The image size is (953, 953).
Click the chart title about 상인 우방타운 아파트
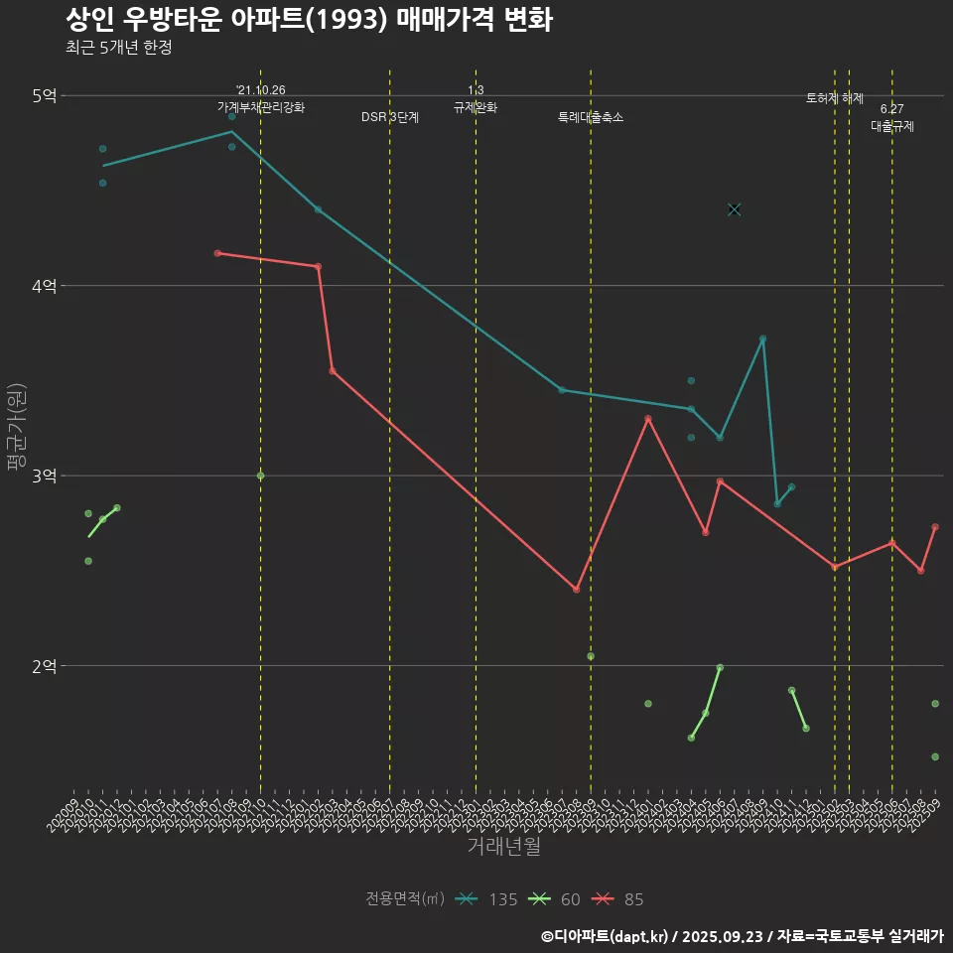pyautogui.click(x=309, y=20)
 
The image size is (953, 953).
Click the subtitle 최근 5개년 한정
pyautogui.click(x=118, y=48)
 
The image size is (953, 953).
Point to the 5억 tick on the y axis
pyautogui.click(x=45, y=95)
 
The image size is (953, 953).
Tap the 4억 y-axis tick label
pyautogui.click(x=45, y=286)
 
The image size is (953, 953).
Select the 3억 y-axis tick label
pyautogui.click(x=45, y=476)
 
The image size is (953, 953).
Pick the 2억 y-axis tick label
pyautogui.click(x=45, y=666)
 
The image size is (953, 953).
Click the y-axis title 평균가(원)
pyautogui.click(x=17, y=428)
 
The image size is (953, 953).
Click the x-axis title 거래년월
pyautogui.click(x=503, y=847)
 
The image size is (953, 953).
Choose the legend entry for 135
pyautogui.click(x=486, y=899)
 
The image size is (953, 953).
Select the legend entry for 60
pyautogui.click(x=556, y=899)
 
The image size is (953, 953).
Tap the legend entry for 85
pyautogui.click(x=619, y=899)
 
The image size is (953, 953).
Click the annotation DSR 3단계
pyautogui.click(x=390, y=117)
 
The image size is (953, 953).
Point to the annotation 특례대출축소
pyautogui.click(x=591, y=117)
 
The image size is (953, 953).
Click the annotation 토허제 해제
pyautogui.click(x=835, y=98)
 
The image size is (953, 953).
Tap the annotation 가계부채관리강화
pyautogui.click(x=261, y=106)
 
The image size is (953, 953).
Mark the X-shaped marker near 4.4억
pyautogui.click(x=735, y=209)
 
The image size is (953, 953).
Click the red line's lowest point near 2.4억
pyautogui.click(x=576, y=590)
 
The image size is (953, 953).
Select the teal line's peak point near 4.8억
pyautogui.click(x=232, y=131)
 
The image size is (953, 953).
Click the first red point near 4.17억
pyautogui.click(x=217, y=253)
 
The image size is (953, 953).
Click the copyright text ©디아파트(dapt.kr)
pyautogui.click(x=606, y=935)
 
